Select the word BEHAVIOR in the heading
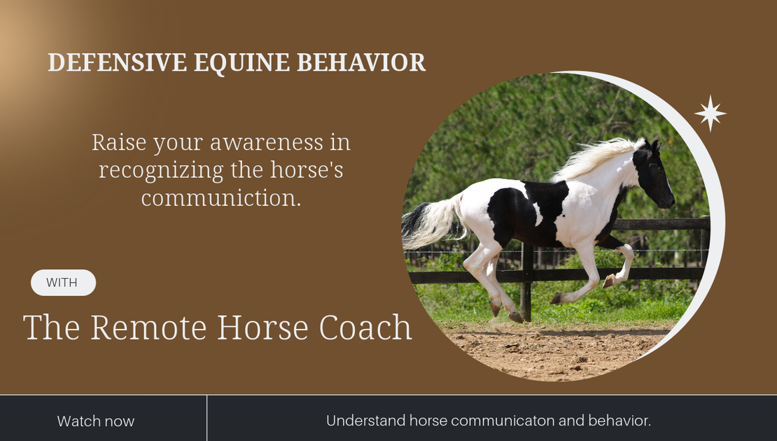pyautogui.click(x=361, y=63)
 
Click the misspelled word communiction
pyautogui.click(x=221, y=198)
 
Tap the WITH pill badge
pyautogui.click(x=63, y=283)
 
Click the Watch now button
pyautogui.click(x=96, y=421)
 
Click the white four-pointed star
pyautogui.click(x=710, y=113)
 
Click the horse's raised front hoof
pyautogui.click(x=608, y=281)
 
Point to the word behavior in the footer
pyautogui.click(x=619, y=421)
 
